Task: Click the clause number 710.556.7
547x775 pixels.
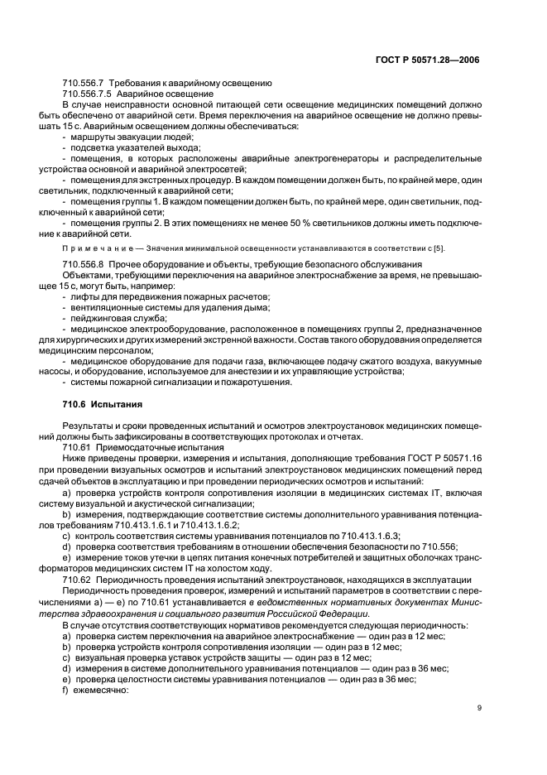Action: [85, 84]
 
